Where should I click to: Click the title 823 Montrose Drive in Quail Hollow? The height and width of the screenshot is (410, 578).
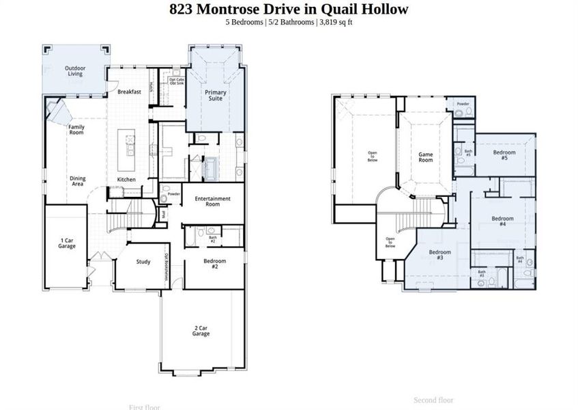[x=289, y=9]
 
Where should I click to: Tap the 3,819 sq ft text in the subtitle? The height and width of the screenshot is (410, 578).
[x=335, y=23]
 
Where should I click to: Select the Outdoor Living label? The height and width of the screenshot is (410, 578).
[x=75, y=71]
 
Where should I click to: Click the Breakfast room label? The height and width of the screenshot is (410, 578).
[x=129, y=92]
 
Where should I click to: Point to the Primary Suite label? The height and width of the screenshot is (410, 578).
[x=216, y=95]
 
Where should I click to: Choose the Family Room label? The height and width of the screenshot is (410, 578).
[x=76, y=130]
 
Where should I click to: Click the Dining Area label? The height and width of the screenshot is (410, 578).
[x=78, y=181]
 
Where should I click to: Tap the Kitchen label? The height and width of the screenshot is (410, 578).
[x=126, y=180]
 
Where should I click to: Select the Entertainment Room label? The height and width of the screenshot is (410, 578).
[x=213, y=202]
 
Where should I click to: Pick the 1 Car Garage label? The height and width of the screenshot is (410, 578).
[x=67, y=243]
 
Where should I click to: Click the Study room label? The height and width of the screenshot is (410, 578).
[x=143, y=261]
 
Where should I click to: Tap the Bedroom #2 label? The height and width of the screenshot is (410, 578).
[x=214, y=263]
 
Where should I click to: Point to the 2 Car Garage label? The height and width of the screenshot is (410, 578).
[x=201, y=331]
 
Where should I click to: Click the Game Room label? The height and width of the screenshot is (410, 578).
[x=426, y=157]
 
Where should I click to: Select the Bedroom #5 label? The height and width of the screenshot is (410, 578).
[x=504, y=155]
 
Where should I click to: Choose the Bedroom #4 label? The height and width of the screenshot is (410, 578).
[x=503, y=221]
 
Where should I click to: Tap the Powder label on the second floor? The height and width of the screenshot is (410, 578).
[x=463, y=105]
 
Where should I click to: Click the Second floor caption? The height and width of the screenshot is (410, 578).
[x=433, y=400]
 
